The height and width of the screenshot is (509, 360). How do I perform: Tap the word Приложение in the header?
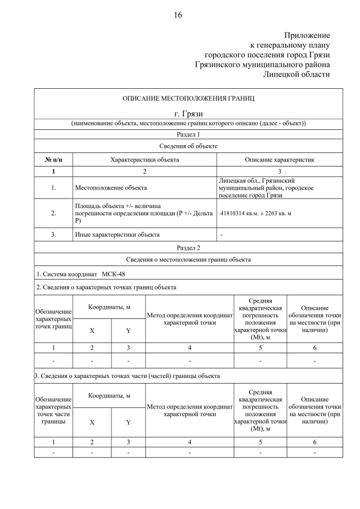coord(307,35)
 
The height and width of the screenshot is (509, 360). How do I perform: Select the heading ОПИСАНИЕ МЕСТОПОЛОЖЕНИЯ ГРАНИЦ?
coord(188,98)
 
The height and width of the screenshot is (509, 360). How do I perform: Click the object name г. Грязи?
coord(188,114)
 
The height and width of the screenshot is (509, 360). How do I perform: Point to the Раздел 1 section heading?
coord(188,134)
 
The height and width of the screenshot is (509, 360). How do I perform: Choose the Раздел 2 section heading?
coord(188,247)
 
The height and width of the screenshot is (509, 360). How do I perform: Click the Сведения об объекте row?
coord(188,146)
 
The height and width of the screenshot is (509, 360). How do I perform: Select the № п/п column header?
coord(53,160)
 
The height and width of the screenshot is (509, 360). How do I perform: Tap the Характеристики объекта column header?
coord(145,160)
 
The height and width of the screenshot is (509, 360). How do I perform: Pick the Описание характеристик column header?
coord(280,160)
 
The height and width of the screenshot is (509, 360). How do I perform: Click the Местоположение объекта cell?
coord(111,187)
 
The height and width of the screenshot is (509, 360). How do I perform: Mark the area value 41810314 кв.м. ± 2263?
coord(255,213)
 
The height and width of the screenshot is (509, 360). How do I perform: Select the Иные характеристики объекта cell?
coord(117,235)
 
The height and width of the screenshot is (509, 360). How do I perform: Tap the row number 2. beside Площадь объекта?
coord(53,213)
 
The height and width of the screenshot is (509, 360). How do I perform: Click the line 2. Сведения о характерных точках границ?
coord(106,287)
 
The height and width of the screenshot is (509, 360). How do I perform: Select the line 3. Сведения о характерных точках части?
coord(127,375)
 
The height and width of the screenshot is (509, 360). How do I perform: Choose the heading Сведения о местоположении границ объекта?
coord(188,259)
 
